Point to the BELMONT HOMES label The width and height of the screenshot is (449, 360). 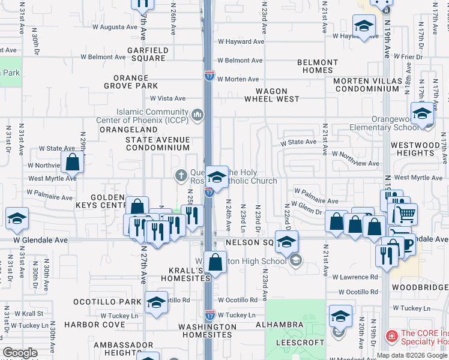318,66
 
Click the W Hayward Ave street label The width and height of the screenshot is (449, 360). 241,42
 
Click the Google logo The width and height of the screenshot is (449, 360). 20,353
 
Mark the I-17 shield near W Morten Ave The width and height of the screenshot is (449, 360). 209,76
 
